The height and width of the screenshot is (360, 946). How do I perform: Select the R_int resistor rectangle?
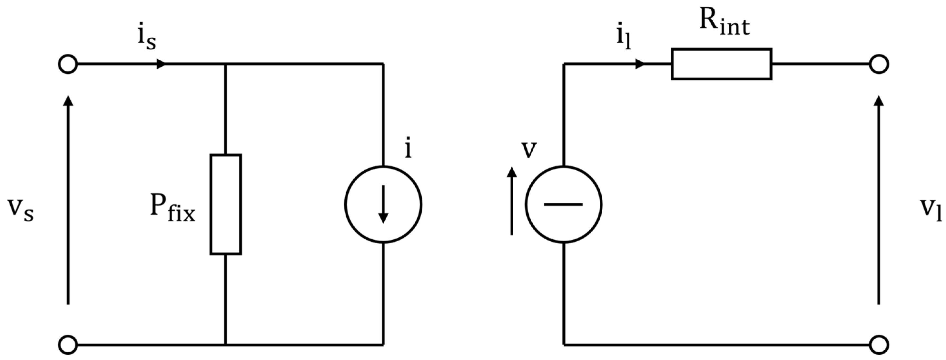pyautogui.click(x=721, y=64)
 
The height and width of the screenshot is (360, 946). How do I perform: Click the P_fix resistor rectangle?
pyautogui.click(x=225, y=204)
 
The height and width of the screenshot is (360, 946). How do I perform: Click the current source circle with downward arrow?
pyautogui.click(x=383, y=204)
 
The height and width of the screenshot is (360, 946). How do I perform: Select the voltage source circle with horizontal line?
pyautogui.click(x=563, y=204)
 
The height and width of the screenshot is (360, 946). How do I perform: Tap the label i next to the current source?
pyautogui.click(x=408, y=149)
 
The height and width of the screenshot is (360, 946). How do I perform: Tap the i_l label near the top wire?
pyautogui.click(x=624, y=39)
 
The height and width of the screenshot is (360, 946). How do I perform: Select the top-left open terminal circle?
pyautogui.click(x=68, y=64)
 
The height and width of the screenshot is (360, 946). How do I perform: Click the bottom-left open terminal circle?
pyautogui.click(x=68, y=345)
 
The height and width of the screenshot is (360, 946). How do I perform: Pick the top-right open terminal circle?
pyautogui.click(x=879, y=64)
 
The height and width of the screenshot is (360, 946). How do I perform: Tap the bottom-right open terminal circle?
pyautogui.click(x=879, y=345)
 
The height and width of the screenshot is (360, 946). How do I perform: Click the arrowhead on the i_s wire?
pyautogui.click(x=161, y=64)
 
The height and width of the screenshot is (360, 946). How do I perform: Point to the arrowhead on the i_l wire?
pyautogui.click(x=640, y=64)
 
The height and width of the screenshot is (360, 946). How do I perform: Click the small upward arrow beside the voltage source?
pyautogui.click(x=512, y=173)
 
